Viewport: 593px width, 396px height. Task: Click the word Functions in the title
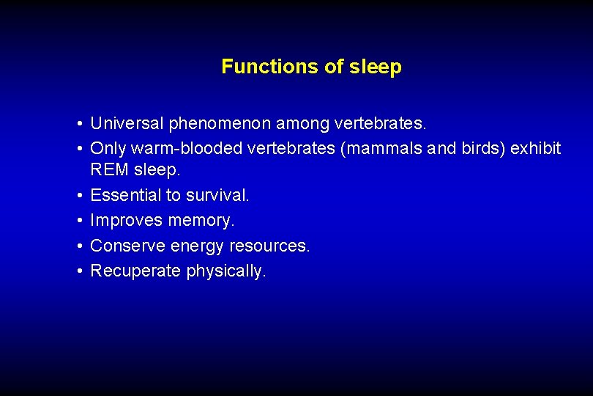[261, 67]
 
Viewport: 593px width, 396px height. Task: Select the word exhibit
[536, 148]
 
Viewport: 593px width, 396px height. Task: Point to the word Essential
[125, 195]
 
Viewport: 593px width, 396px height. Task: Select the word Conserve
[126, 246]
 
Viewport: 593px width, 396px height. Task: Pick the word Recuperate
[135, 271]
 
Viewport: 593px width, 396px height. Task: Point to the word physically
[227, 271]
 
